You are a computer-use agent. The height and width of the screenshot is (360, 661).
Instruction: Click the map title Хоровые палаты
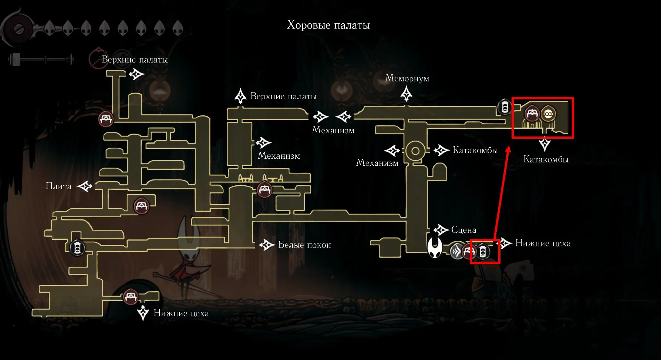tap(328, 25)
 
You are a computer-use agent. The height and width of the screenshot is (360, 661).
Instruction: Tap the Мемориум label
tap(407, 78)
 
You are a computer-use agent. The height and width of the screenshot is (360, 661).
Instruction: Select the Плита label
tap(58, 186)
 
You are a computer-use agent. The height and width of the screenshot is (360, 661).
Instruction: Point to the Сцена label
tap(463, 230)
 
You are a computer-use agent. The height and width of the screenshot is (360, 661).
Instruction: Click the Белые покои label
tap(304, 245)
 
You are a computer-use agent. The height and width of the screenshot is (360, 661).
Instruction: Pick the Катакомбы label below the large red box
tap(546, 159)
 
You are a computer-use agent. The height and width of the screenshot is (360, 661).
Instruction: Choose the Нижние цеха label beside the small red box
tap(543, 243)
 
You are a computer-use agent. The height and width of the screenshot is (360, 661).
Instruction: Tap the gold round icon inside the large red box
tap(548, 114)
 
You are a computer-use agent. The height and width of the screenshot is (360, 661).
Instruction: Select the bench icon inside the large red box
tap(532, 113)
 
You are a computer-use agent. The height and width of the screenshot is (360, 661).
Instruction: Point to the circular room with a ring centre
tap(415, 151)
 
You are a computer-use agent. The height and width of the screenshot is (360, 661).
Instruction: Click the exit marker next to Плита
tap(85, 186)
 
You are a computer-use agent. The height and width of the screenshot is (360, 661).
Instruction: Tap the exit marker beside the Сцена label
tap(441, 230)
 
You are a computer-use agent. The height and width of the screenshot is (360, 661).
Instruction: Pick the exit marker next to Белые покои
tap(266, 245)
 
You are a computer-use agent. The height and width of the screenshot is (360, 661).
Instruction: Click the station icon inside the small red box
tap(483, 252)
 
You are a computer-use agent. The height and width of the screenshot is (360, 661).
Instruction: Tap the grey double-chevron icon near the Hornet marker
tap(457, 252)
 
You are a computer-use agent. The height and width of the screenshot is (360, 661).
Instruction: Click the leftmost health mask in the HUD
tap(49, 28)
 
